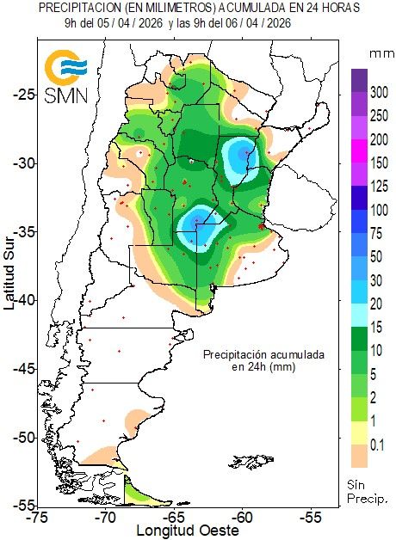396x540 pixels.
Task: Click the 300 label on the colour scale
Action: pos(379,91)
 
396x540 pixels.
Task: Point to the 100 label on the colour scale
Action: pos(379,210)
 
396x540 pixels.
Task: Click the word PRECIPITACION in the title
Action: pos(78,8)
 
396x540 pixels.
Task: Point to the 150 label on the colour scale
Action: pos(379,163)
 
